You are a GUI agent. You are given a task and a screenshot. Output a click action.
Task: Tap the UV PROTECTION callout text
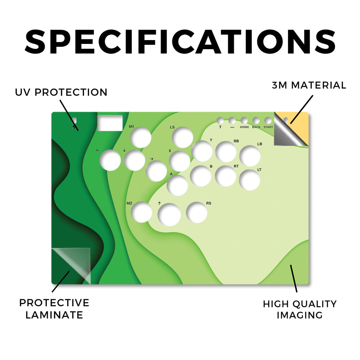(61, 92)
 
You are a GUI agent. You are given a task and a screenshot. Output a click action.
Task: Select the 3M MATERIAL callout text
(309, 85)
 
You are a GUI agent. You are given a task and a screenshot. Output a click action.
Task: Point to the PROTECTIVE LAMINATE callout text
(54, 309)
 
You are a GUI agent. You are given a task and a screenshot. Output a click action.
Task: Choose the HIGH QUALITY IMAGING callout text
(300, 309)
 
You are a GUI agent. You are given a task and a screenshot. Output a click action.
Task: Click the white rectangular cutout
(110, 123)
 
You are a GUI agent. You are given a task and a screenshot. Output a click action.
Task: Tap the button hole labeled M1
(141, 137)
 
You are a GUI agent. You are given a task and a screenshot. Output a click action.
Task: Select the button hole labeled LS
(182, 137)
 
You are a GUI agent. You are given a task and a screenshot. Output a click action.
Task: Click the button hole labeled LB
(250, 156)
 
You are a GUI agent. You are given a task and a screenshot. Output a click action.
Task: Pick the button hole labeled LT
(249, 180)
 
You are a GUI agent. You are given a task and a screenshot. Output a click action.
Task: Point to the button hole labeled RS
(197, 212)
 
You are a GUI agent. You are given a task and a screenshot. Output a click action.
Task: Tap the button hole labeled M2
(141, 212)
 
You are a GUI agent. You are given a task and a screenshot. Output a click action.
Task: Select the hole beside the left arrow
(110, 160)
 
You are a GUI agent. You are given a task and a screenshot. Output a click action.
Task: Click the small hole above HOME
(244, 120)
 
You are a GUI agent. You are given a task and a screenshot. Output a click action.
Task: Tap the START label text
(268, 127)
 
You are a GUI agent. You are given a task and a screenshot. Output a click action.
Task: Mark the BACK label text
(256, 127)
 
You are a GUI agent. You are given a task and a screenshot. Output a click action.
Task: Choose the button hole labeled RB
(226, 152)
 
